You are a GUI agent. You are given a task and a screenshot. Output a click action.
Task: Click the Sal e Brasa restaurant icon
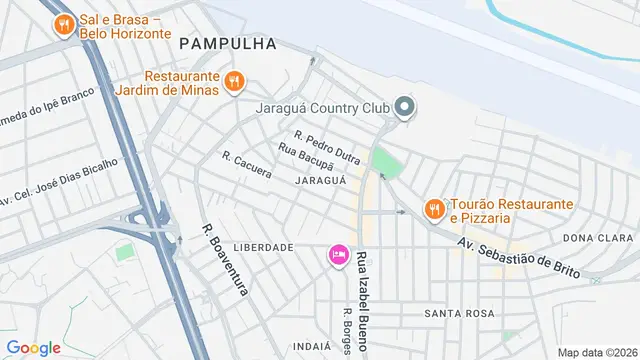pos(64,24)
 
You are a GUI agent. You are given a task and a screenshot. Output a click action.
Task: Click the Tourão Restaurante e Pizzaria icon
pos(433,209)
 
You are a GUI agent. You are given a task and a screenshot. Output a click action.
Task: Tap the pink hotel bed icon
pos(339,256)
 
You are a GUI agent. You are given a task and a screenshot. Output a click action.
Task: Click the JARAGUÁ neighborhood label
pos(321,180)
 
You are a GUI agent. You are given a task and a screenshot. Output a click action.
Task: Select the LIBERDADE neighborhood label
pos(263,247)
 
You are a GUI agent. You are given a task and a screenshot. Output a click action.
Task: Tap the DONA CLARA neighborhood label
pos(598,238)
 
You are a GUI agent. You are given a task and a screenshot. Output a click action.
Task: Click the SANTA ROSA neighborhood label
pos(459,313)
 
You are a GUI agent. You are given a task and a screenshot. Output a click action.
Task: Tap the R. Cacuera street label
pos(247,165)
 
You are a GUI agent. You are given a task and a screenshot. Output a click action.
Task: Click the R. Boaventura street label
pos(224,259)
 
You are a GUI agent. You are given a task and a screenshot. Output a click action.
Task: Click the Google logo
pos(33,348)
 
